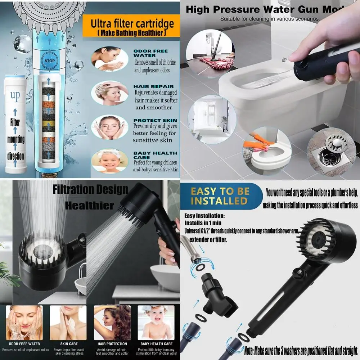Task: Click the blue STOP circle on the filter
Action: [x=49, y=60]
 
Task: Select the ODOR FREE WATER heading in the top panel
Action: [x=150, y=53]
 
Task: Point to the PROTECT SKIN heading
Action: [x=155, y=120]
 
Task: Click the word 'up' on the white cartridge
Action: [x=15, y=96]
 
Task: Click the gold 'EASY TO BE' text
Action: [x=220, y=191]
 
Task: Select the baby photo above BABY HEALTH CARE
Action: [x=156, y=323]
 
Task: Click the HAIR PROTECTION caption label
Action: [x=112, y=344]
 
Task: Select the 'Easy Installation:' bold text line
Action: [x=204, y=216]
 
